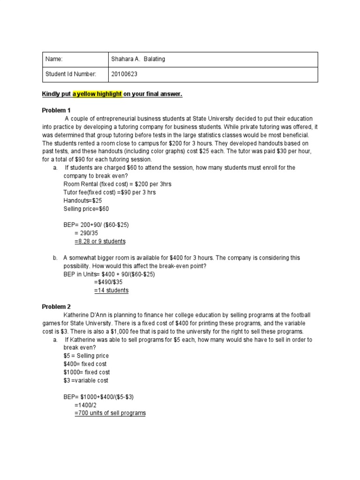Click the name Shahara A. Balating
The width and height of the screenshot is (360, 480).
pos(138,59)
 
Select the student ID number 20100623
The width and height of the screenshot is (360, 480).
pos(125,74)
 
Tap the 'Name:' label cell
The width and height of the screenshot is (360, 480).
pos(54,59)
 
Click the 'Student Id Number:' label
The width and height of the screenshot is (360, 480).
pos(71,74)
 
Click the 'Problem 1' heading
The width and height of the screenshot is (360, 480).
pos(56,110)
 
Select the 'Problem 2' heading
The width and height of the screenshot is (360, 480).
pos(56,307)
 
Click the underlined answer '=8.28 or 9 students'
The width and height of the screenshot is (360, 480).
pos(100,241)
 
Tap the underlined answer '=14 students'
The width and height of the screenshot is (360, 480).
pos(111,290)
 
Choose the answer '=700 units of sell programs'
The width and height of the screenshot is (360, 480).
pos(110,413)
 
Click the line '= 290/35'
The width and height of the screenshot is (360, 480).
pos(90,233)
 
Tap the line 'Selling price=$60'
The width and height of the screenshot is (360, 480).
pos(86,209)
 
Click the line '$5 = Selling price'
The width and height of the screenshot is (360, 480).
pos(86,356)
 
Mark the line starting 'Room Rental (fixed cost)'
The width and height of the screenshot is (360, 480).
pos(117,184)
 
